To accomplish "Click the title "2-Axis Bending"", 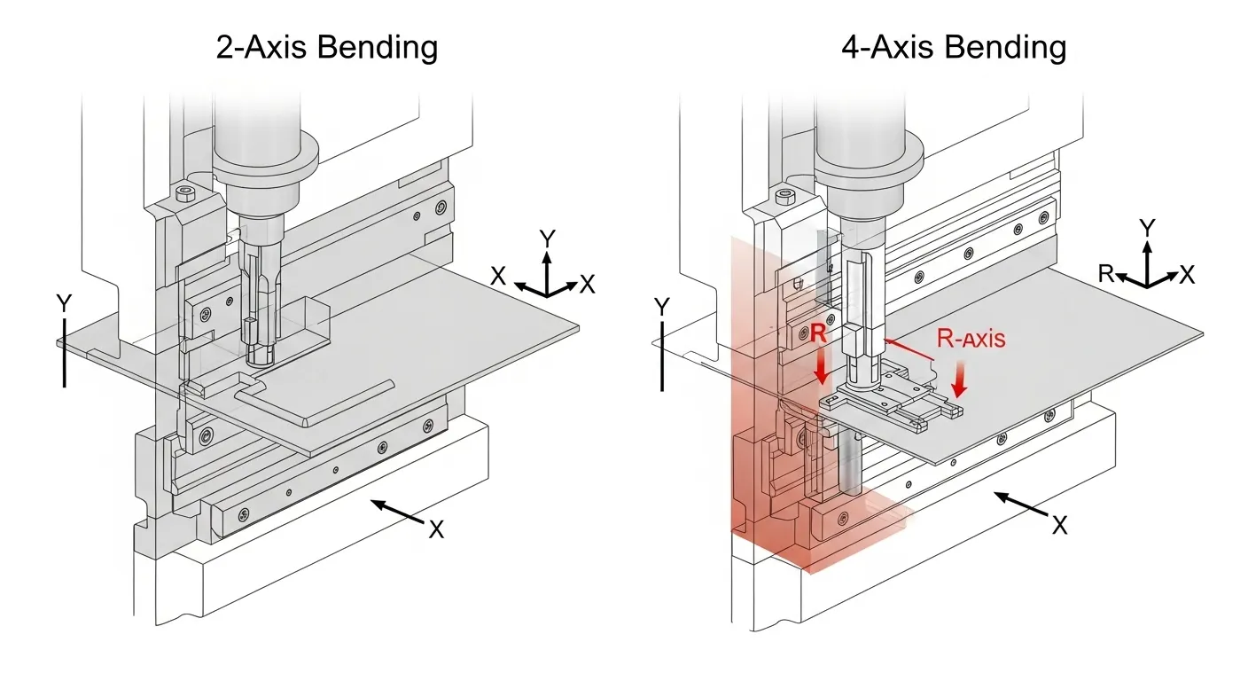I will click(326, 47).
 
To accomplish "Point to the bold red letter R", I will click(819, 334).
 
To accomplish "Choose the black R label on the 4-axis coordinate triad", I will click(1106, 273).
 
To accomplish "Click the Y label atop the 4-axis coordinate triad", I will click(1148, 229).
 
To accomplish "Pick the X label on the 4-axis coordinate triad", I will click(1188, 275).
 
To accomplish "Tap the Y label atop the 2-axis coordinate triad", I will click(548, 239).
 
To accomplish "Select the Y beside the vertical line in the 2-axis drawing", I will click(64, 305).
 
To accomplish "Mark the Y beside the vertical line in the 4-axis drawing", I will click(661, 308).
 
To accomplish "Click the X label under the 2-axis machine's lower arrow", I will click(436, 529).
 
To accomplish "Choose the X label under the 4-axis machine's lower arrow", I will click(1059, 525).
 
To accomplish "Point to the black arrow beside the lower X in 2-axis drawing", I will click(396, 513).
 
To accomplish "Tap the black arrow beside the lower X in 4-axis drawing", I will click(1019, 507).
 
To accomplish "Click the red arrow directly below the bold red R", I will click(821, 368).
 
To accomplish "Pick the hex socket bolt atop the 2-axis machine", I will click(184, 195).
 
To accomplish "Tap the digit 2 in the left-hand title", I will click(225, 47).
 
